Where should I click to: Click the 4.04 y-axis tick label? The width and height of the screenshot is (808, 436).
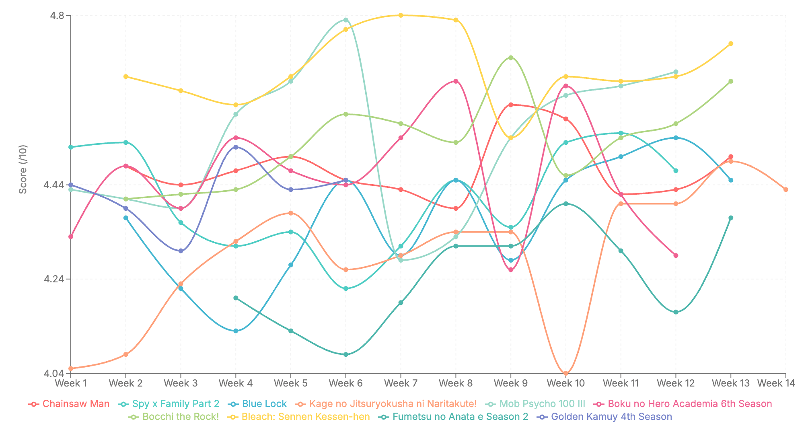click(53, 373)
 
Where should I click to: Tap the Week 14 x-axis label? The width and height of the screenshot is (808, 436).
click(776, 383)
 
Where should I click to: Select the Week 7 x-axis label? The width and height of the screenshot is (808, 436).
click(401, 383)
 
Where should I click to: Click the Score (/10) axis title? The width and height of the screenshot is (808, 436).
click(23, 169)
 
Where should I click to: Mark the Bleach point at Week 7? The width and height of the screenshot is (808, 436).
click(401, 15)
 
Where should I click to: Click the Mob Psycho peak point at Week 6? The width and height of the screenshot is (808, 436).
click(346, 20)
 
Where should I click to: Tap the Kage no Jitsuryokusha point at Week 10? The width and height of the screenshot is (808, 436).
click(566, 373)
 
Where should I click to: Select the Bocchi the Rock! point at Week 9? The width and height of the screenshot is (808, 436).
click(511, 58)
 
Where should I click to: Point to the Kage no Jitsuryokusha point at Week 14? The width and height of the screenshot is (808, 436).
click(786, 189)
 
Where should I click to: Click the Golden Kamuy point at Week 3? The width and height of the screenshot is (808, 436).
click(181, 251)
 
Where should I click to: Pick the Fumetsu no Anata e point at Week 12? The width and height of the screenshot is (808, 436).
click(676, 312)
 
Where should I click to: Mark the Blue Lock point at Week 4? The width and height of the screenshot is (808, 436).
click(236, 331)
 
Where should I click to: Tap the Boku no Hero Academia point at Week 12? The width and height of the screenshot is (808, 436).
click(676, 255)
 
